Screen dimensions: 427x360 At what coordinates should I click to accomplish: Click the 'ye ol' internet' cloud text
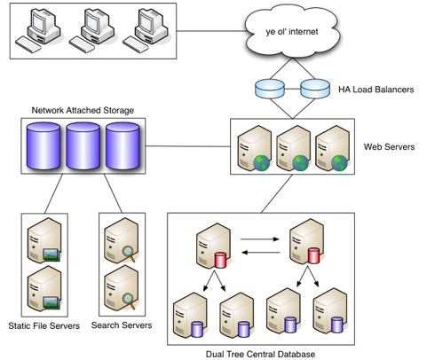tap(292, 32)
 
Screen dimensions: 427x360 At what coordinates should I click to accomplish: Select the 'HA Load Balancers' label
tap(376, 90)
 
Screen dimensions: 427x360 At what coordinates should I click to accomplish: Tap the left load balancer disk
tap(270, 89)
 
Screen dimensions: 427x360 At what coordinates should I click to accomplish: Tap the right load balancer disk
tap(315, 89)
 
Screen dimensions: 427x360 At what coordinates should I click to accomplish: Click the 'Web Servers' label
tap(389, 146)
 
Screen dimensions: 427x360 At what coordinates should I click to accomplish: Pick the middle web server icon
tap(293, 148)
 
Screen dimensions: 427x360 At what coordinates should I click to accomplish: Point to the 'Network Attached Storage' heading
tap(83, 110)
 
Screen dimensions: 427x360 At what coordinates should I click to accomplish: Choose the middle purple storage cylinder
tap(83, 146)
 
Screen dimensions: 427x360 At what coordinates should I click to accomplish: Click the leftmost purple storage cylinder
tap(43, 146)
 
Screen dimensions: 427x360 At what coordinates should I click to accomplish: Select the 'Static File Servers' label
tap(44, 325)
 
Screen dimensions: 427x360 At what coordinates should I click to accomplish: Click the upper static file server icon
tap(44, 240)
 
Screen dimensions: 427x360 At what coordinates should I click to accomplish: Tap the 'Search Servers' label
tap(122, 325)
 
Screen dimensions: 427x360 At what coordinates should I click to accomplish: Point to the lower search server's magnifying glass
tap(129, 301)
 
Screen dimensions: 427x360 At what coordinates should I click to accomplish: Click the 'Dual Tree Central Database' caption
tap(260, 354)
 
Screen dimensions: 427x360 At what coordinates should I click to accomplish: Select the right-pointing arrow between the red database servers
tap(260, 239)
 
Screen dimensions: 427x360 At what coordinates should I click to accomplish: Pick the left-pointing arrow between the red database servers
tap(261, 252)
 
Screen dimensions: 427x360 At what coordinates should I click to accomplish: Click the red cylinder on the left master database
tap(220, 260)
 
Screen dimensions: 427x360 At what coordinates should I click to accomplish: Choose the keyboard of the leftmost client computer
tap(28, 44)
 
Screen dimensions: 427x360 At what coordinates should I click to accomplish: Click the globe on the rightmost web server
tap(339, 163)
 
